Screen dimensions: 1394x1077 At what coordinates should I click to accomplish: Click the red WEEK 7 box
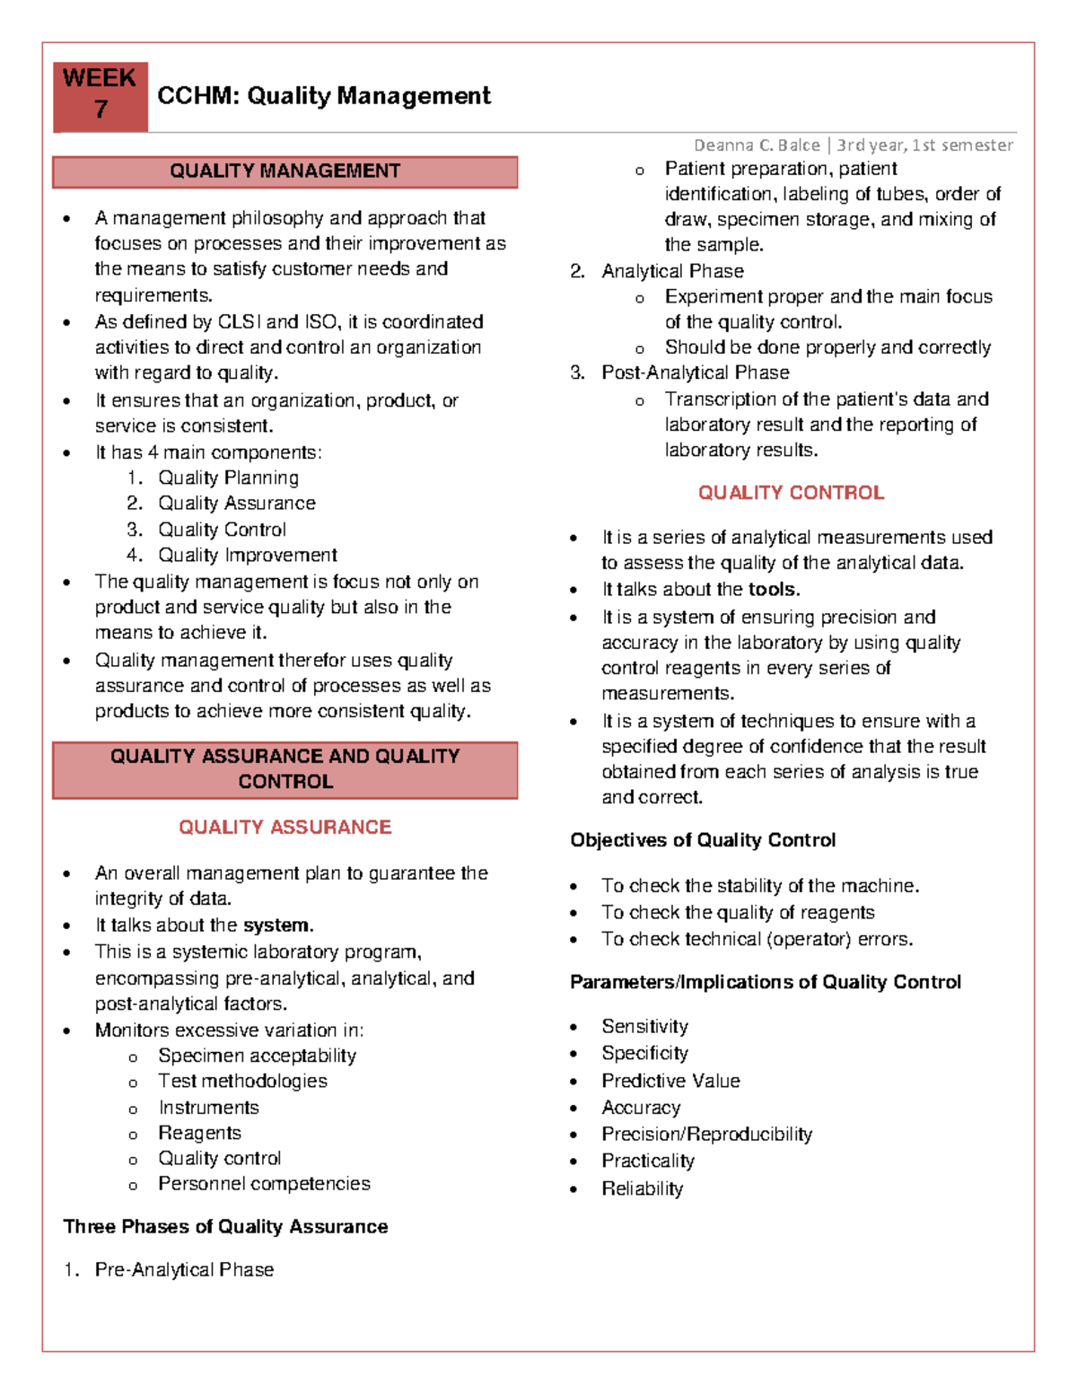point(100,95)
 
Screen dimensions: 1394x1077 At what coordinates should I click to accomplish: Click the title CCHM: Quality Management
point(323,96)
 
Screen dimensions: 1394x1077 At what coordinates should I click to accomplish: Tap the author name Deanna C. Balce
point(757,145)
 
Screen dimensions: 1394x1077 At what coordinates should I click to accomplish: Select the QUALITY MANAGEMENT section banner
point(285,171)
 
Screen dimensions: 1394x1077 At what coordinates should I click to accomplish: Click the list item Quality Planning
point(228,478)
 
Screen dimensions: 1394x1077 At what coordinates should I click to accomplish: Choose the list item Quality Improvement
point(247,555)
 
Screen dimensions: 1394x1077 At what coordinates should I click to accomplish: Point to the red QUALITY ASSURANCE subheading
point(285,827)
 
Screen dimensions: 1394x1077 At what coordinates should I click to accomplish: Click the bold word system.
point(277,925)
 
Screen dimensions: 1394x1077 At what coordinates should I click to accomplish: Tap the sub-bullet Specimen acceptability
point(257,1056)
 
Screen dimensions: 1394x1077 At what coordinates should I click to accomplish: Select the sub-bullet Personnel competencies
point(264,1183)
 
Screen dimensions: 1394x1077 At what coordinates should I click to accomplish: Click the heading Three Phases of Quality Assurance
point(225,1226)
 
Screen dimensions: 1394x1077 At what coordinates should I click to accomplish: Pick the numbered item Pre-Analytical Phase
point(184,1269)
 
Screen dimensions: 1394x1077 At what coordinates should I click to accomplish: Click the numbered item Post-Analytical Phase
point(695,373)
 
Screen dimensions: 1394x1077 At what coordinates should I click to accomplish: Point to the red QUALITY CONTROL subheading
point(791,493)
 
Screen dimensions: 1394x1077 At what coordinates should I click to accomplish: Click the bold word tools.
point(774,590)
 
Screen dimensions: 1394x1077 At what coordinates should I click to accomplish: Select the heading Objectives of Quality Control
point(703,840)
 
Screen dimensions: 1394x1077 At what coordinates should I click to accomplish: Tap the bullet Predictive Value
point(670,1081)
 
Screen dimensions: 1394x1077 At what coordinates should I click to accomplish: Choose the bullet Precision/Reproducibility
point(706,1134)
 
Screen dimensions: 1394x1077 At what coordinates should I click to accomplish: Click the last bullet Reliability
point(642,1188)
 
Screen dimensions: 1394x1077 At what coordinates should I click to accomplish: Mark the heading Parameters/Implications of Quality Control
point(765,982)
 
